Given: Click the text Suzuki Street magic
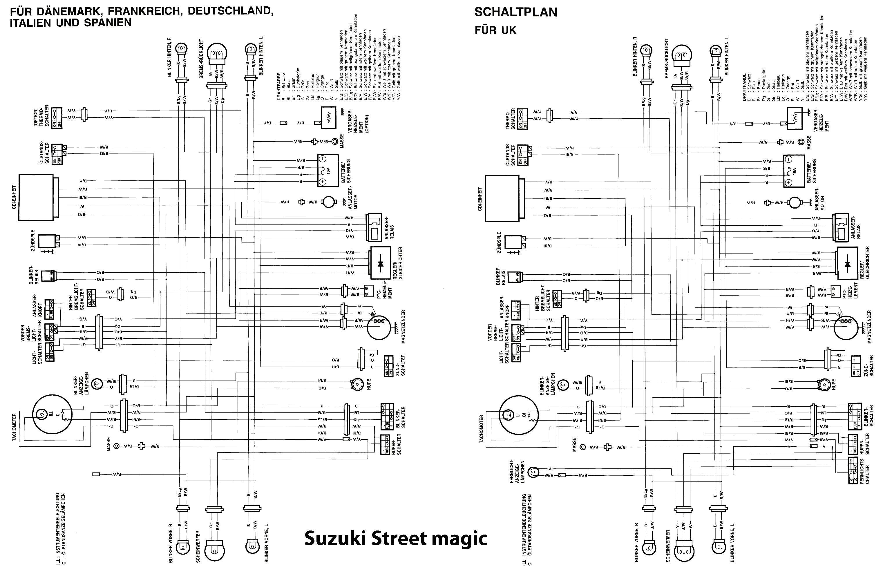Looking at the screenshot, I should point(395,538).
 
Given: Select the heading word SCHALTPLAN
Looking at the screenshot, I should point(516,12).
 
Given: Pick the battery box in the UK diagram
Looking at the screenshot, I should point(794,171).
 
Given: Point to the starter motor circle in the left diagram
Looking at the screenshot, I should point(328,202).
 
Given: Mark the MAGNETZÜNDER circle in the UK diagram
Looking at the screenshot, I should point(846,327).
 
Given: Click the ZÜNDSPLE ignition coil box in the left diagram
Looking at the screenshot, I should point(47,241).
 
